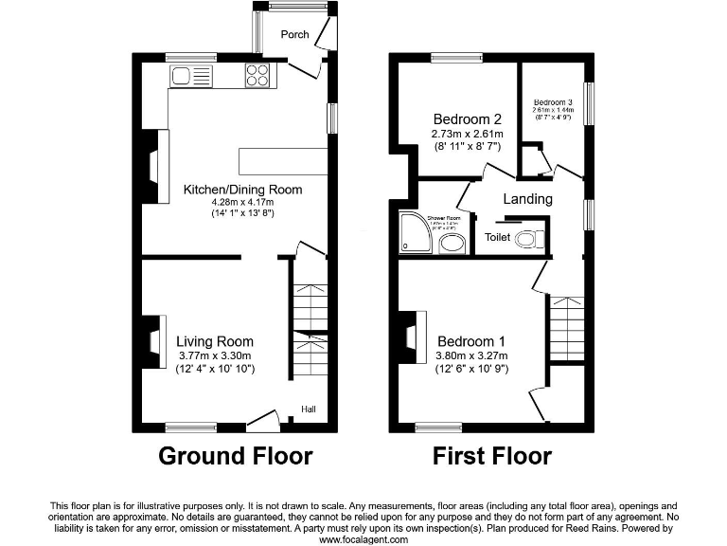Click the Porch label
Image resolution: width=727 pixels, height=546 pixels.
pos(294,35)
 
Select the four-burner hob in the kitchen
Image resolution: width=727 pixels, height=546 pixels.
pos(257,76)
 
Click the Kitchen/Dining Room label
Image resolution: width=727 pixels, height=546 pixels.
pos(242,190)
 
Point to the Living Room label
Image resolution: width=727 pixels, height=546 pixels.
pos(215,341)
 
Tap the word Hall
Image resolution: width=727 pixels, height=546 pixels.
pos(309,409)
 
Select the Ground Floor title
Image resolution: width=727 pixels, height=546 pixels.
pos(235,456)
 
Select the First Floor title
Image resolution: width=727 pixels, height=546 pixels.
pos(492,456)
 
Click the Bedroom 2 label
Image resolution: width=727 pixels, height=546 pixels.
pos(468,119)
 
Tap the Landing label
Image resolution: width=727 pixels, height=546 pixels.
pos(527,199)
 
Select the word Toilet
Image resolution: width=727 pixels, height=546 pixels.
pos(496,238)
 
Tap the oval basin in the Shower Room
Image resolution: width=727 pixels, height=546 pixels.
pos(452,245)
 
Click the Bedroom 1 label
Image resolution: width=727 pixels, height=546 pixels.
pos(471,341)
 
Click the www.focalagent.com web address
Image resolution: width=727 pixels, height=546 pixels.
pos(363,538)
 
